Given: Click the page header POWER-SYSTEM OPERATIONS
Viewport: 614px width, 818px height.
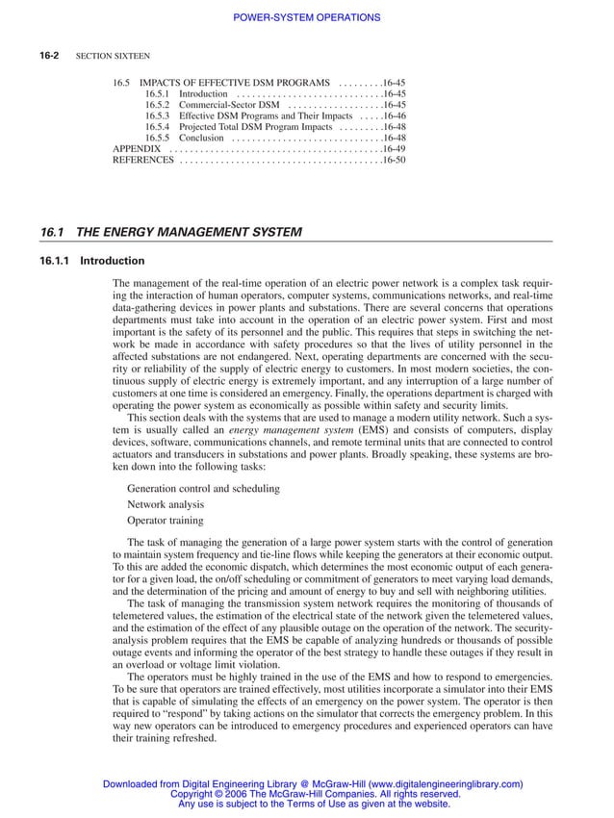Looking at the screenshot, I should pyautogui.click(x=307, y=17).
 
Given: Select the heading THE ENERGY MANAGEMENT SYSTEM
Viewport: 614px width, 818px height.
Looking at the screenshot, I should pyautogui.click(x=189, y=232).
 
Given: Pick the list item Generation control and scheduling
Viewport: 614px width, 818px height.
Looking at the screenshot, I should pyautogui.click(x=203, y=488).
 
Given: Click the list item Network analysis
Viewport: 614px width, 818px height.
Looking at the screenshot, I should pyautogui.click(x=165, y=504).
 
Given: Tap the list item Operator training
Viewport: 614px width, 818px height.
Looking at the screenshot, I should pyautogui.click(x=165, y=521).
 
